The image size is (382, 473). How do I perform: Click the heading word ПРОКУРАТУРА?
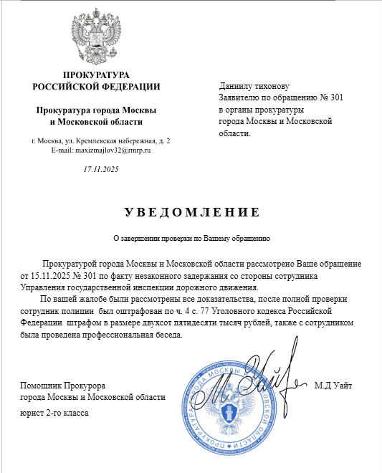97,75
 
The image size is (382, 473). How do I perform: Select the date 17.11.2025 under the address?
101,169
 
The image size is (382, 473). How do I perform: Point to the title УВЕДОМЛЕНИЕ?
191,213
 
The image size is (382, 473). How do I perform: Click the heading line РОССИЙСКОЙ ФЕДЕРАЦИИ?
97,87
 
